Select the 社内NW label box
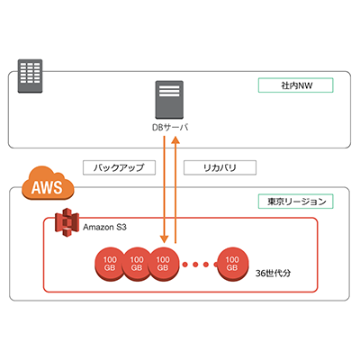[x=296, y=85]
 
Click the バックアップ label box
[x=119, y=167]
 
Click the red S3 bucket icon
[x=66, y=224]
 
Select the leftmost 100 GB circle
[x=108, y=264]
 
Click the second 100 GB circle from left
[x=136, y=264]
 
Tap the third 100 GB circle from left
[x=163, y=264]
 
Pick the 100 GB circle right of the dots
[x=232, y=264]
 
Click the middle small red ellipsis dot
[x=198, y=264]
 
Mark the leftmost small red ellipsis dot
[x=186, y=264]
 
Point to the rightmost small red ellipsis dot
[x=210, y=264]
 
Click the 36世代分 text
[x=275, y=271]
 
